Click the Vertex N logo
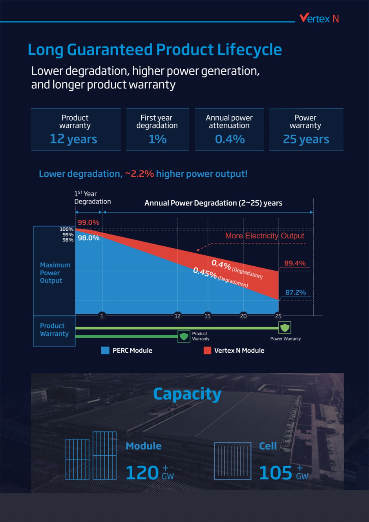319,18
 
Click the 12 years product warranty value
73,139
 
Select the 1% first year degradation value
157,139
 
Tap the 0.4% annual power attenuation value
230,139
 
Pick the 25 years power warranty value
306,139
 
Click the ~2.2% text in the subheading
139,174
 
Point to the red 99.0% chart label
88,222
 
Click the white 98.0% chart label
88,238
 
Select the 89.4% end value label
295,263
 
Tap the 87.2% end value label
296,292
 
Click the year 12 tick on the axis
177,316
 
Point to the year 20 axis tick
243,316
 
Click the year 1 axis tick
102,316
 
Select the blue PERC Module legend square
105,350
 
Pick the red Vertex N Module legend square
207,350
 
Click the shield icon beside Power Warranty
285,327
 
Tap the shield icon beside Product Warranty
184,336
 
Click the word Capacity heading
187,394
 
